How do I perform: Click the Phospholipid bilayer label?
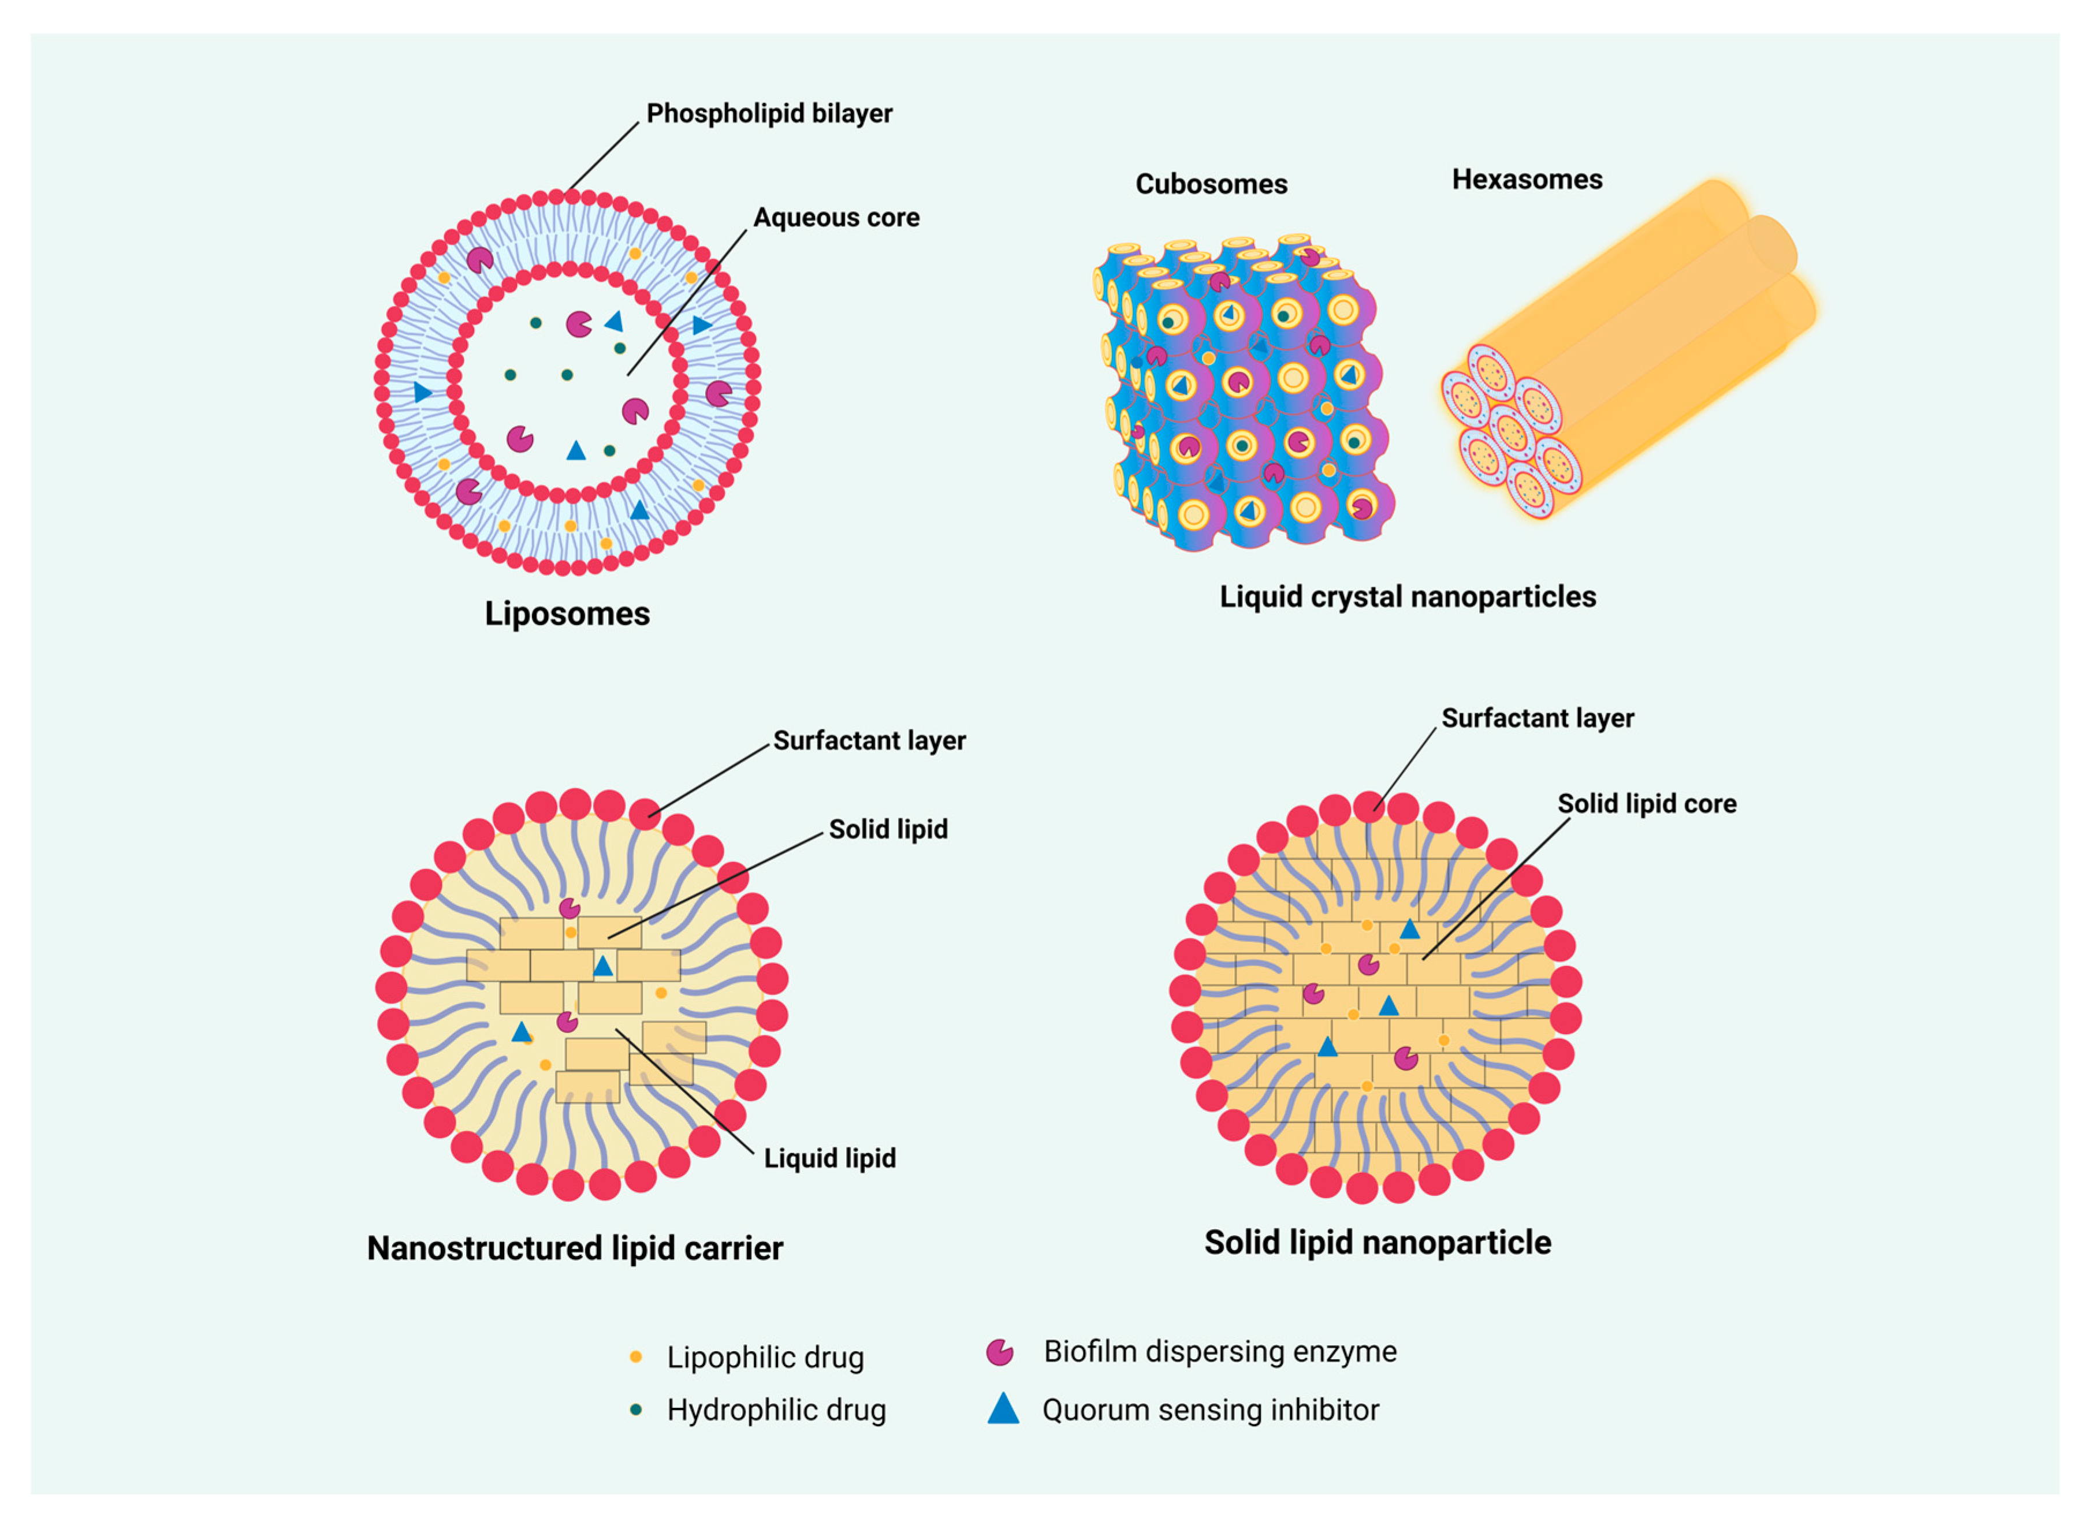click(x=768, y=114)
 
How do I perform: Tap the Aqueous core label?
click(x=836, y=218)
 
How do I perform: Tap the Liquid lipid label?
click(x=829, y=1158)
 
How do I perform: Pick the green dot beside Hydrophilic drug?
click(x=635, y=1410)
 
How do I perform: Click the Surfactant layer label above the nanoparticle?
click(x=1536, y=718)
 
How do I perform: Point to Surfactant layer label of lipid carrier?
click(x=869, y=740)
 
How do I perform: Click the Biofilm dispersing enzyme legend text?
click(x=1220, y=1351)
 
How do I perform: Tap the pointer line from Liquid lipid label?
click(x=688, y=1093)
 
